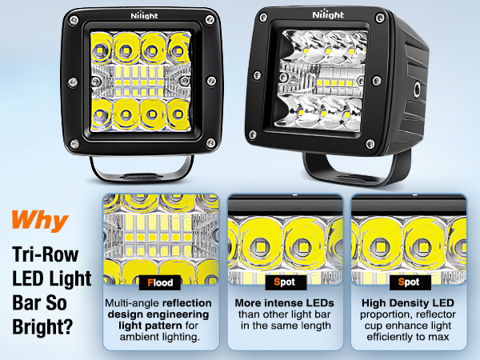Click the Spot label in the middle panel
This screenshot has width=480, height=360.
click(284, 282)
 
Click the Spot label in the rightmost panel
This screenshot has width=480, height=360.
click(407, 282)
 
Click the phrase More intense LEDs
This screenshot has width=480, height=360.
click(284, 305)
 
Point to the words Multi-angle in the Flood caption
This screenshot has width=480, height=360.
click(134, 305)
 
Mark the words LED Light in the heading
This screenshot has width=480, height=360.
click(52, 280)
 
